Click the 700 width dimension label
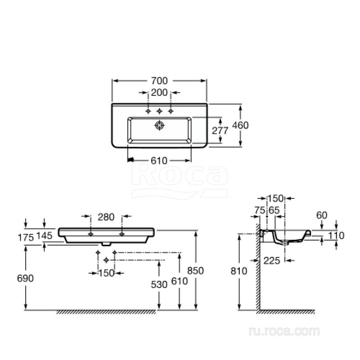click(159, 81)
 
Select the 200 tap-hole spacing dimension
click(159, 93)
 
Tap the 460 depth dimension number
click(240, 126)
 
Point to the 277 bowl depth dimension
click(220, 130)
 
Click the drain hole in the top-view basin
click(159, 125)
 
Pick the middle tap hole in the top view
click(159, 111)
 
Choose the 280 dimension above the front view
click(106, 217)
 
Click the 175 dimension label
click(26, 238)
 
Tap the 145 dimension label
click(44, 235)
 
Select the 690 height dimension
click(25, 278)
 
